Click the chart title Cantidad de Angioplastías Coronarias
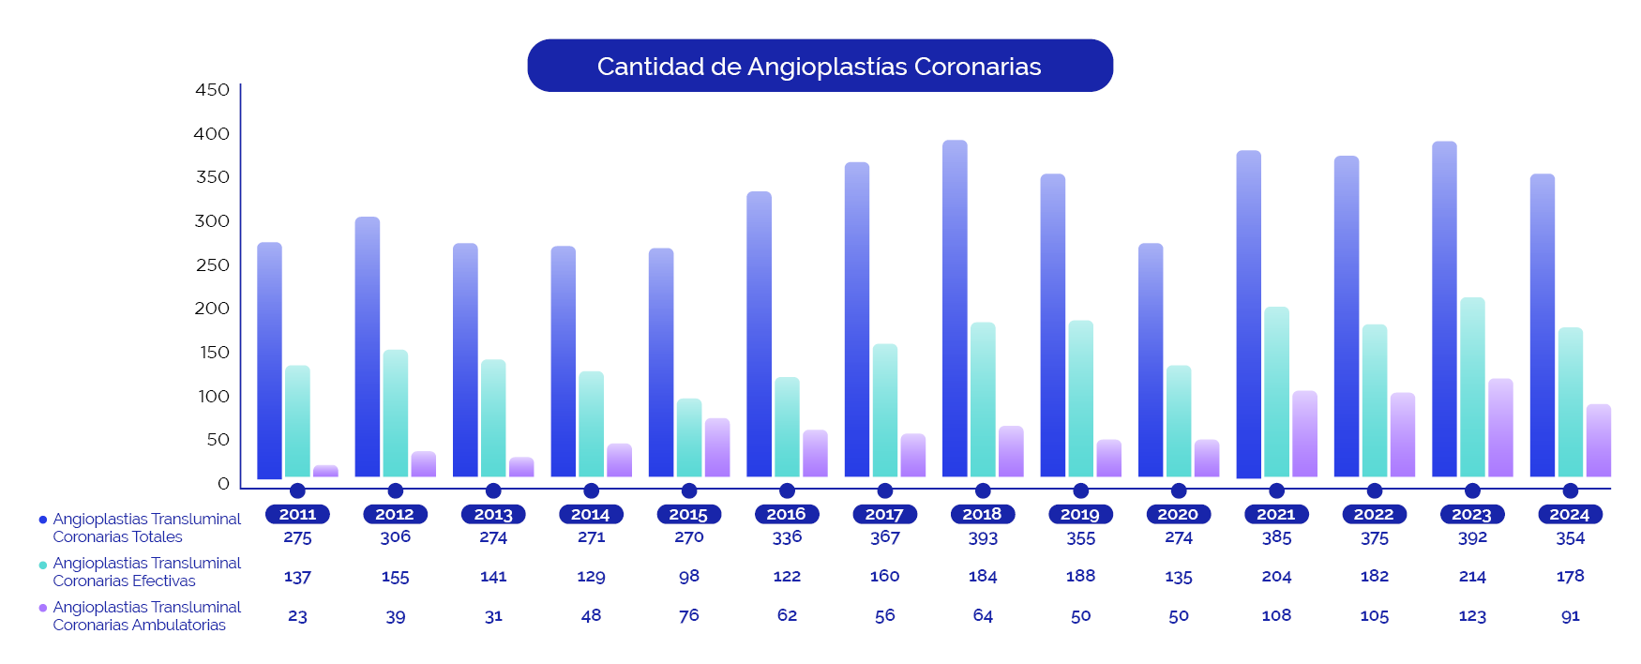(820, 66)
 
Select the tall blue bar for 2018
(955, 309)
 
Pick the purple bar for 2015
(717, 448)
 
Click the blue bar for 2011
(269, 361)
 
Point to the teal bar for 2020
(1179, 421)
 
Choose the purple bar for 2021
(1304, 434)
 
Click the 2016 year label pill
(787, 514)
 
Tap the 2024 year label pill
(1570, 514)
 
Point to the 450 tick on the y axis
(212, 90)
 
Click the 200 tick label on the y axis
(212, 309)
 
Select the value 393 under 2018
(983, 538)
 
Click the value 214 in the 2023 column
(1472, 577)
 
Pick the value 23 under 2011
(297, 616)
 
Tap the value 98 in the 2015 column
(689, 577)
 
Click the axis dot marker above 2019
(1080, 490)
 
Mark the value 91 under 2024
(1570, 616)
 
